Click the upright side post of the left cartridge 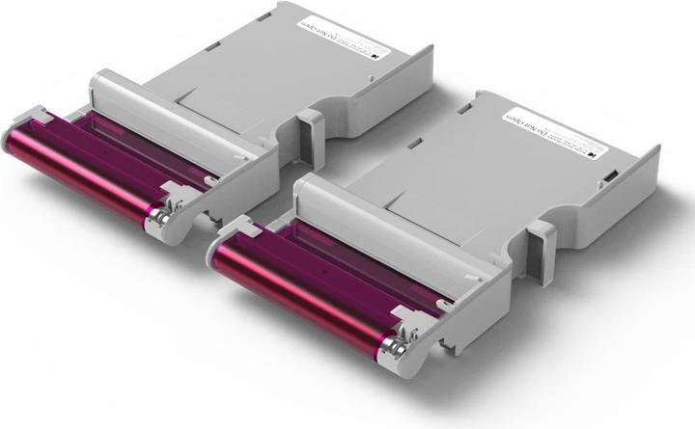click(x=311, y=130)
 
